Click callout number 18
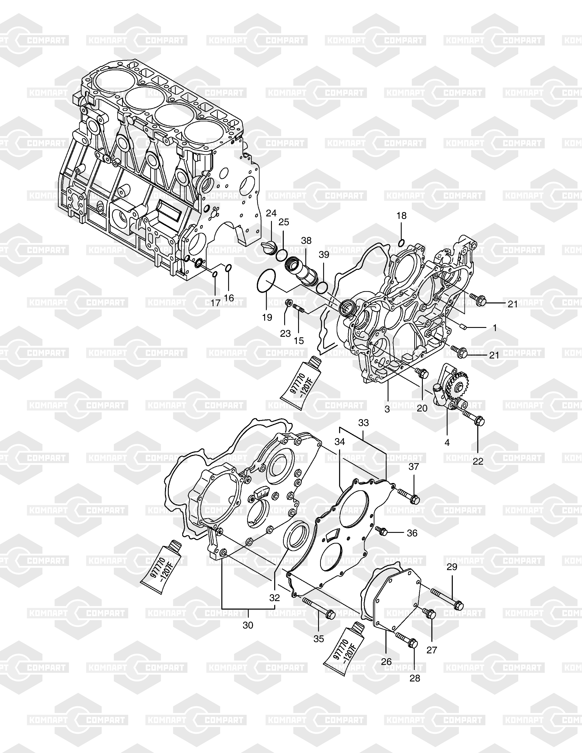coord(401,216)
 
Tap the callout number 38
coord(306,241)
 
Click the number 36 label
coord(412,533)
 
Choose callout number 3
coord(387,409)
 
